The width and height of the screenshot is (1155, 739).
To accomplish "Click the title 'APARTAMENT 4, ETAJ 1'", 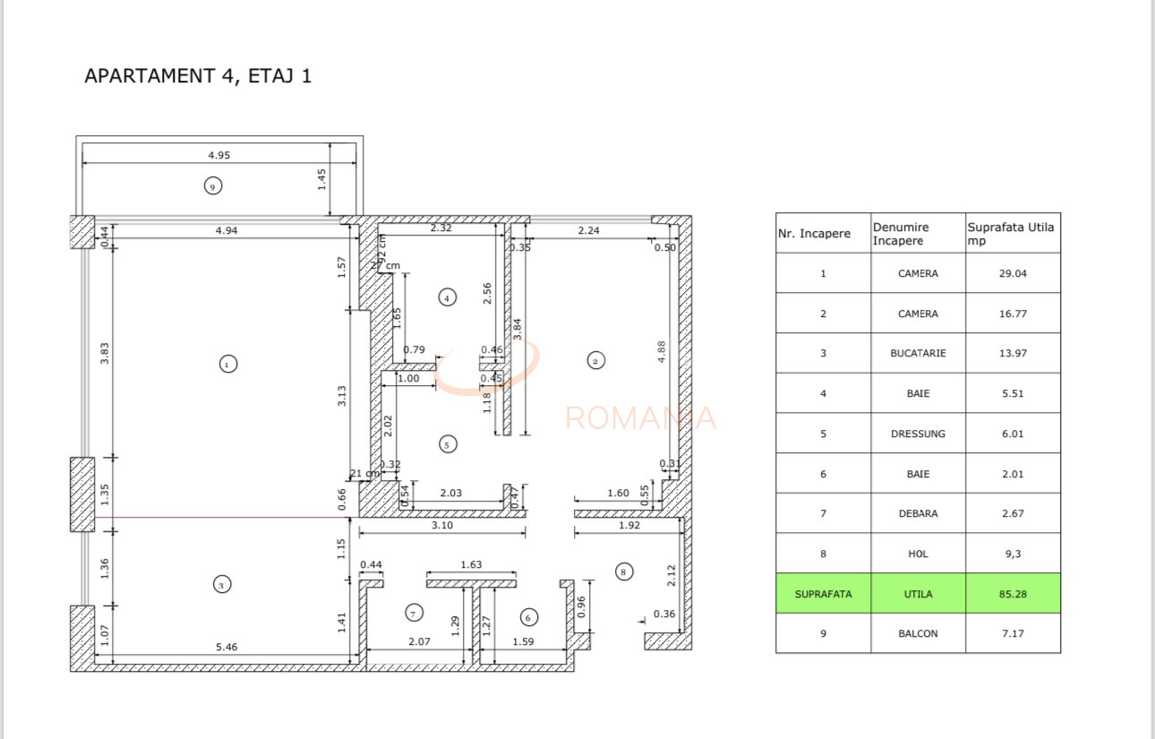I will pos(198,76).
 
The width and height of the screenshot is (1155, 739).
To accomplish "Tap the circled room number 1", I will pos(228,364).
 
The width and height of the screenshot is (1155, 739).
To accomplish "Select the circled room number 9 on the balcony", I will pos(212,186).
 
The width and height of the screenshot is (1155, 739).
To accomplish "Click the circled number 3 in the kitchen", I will pos(222,585).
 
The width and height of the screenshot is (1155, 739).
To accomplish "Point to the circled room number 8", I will pos(624,571).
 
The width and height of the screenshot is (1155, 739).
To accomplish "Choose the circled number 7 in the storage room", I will pos(414,614).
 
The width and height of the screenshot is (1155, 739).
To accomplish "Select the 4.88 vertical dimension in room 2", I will pos(663,350).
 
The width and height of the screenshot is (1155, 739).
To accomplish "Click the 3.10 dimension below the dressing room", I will pos(441,526).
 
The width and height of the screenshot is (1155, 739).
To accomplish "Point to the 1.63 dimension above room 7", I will pos(471,564).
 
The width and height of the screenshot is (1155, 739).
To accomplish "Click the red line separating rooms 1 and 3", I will pos(224,517).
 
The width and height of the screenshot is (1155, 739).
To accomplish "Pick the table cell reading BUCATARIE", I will pos(918,354).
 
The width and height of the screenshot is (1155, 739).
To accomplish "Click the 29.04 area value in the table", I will pos(1013,273).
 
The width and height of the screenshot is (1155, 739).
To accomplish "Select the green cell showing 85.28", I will pos(1013,594).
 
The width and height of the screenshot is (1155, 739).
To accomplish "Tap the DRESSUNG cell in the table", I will pos(918,434).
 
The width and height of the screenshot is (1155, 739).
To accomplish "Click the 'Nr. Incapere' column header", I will pos(823,234).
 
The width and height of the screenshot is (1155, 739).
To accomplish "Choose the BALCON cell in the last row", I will pos(918,633).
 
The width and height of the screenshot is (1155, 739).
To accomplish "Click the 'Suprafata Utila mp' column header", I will pos(1012,234).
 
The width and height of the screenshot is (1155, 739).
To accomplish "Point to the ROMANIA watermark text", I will pos(641,418).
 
